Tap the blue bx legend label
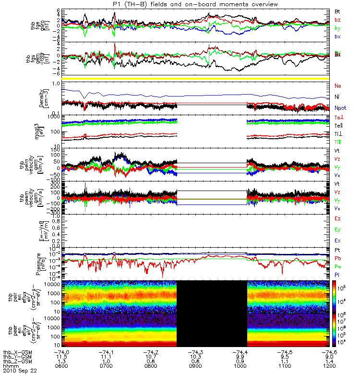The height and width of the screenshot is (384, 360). (x=337, y=36)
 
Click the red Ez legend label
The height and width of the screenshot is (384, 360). (x=337, y=218)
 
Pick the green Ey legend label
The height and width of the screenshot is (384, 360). (x=337, y=229)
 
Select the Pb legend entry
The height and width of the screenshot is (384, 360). (x=337, y=259)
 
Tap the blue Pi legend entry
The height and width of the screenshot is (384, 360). (x=337, y=275)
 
